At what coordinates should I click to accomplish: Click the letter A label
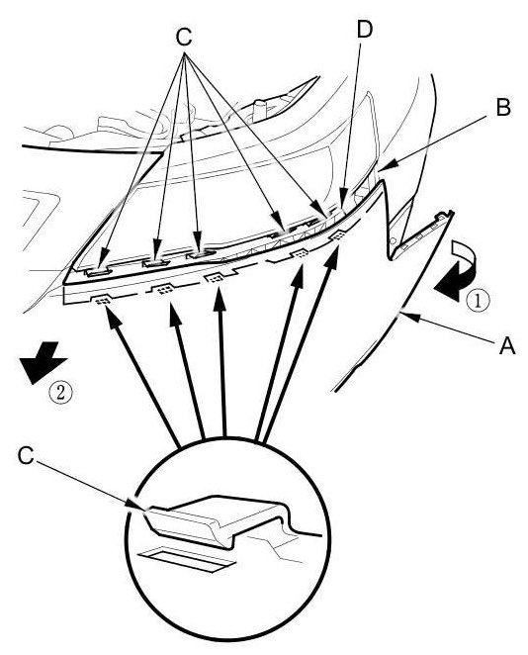click(507, 346)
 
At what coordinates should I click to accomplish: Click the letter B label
click(503, 108)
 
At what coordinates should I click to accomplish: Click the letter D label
click(365, 30)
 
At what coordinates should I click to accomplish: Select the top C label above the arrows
click(184, 38)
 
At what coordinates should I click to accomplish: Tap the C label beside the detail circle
click(26, 455)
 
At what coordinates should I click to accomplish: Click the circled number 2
click(61, 392)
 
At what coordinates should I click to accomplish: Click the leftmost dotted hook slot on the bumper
click(100, 300)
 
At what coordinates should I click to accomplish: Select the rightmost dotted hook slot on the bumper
click(338, 235)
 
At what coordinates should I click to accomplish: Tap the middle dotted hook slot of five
click(215, 277)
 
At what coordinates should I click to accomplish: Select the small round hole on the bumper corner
click(393, 240)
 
